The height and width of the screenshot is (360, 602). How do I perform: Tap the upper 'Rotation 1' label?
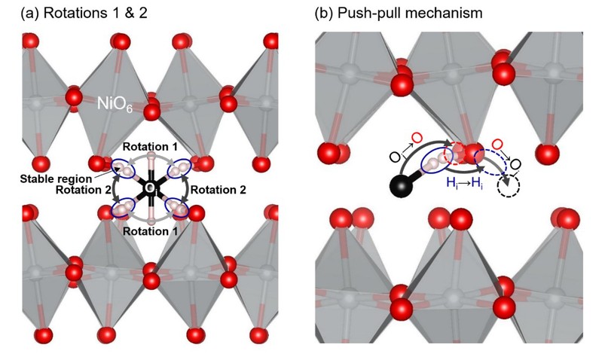pyautogui.click(x=151, y=147)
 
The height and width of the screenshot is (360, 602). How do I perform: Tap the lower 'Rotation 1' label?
pyautogui.click(x=151, y=231)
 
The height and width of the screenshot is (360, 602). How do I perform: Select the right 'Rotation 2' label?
pyautogui.click(x=218, y=190)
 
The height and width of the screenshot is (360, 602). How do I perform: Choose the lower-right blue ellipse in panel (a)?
pyautogui.click(x=179, y=206)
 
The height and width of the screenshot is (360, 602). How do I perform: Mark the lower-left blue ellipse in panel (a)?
pyautogui.click(x=124, y=206)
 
